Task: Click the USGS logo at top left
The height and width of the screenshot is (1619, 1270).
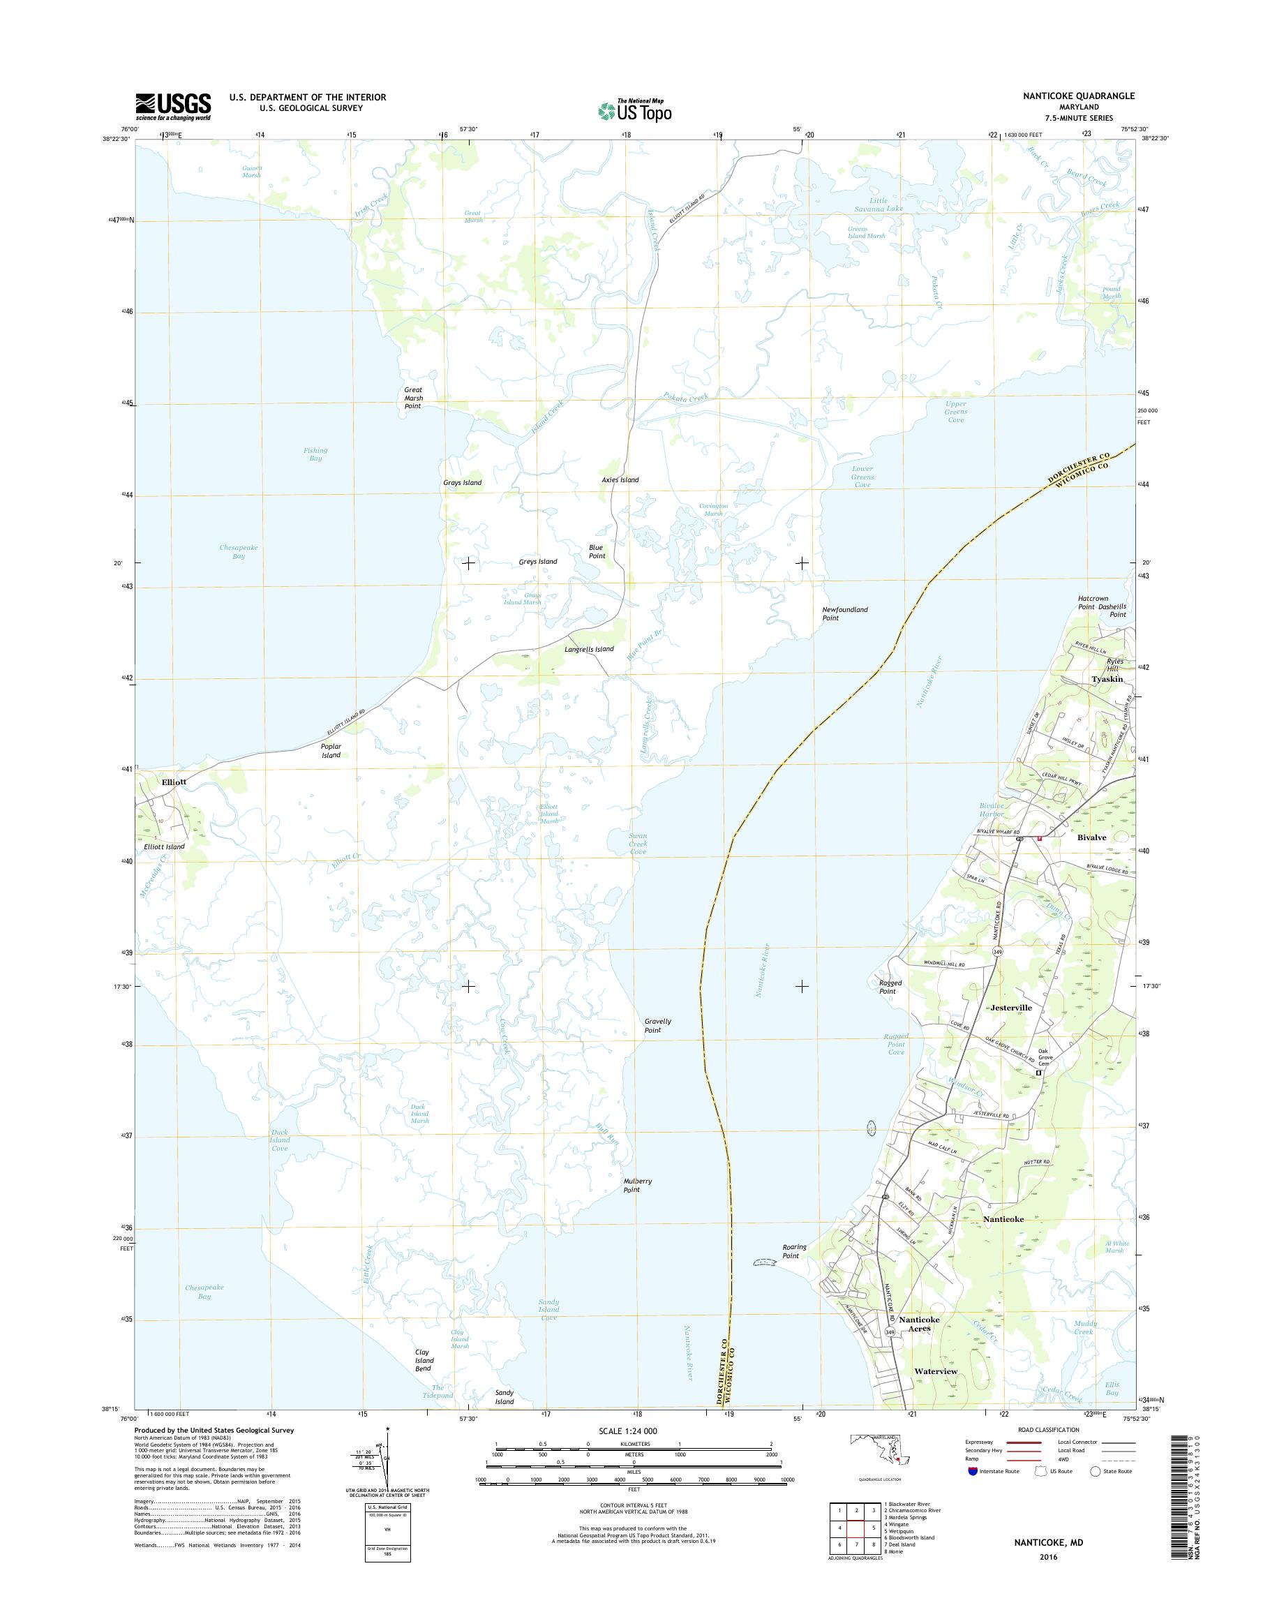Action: tap(172, 106)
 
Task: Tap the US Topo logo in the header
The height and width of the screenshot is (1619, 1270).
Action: tap(635, 111)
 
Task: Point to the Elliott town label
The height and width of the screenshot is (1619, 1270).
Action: tap(173, 782)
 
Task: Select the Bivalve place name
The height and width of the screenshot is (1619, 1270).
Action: tap(1091, 837)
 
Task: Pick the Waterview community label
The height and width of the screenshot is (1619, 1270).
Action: tap(935, 1371)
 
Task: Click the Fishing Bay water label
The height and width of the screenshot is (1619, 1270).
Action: tap(315, 454)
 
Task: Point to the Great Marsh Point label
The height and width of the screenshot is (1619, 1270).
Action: tap(412, 398)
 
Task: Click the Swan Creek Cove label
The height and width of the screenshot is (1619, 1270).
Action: tap(638, 843)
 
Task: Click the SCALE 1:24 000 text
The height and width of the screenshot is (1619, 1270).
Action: tap(627, 1431)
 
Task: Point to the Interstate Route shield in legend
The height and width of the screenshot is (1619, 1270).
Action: tap(973, 1471)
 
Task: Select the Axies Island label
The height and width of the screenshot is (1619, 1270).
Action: tap(620, 480)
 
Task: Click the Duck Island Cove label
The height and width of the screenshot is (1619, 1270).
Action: tap(279, 1140)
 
